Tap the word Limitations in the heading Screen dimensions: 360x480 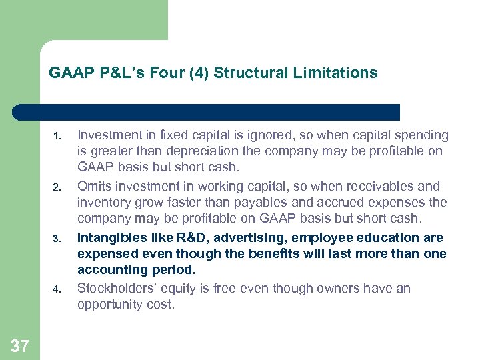click(x=341, y=73)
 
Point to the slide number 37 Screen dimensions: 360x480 click(x=20, y=345)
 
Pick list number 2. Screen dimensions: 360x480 click(x=58, y=188)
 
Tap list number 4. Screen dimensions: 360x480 click(x=58, y=290)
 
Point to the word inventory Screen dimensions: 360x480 click(x=103, y=202)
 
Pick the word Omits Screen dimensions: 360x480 click(x=93, y=186)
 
